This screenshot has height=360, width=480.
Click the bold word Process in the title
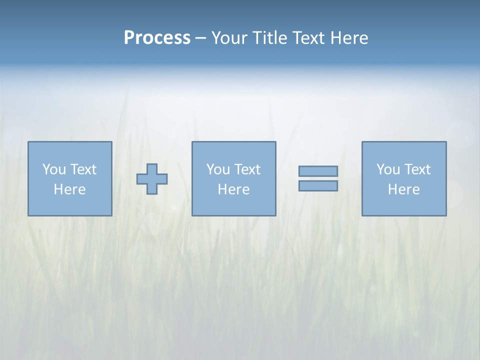click(157, 38)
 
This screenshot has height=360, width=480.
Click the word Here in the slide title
click(349, 38)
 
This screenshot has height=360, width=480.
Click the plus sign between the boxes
click(152, 179)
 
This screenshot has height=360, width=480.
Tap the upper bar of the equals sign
click(318, 171)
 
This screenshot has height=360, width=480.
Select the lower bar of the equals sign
click(318, 185)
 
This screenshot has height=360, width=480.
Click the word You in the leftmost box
click(54, 169)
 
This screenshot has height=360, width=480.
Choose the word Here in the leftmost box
click(69, 189)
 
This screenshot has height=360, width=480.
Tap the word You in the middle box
click(218, 169)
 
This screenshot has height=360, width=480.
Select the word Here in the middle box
click(233, 189)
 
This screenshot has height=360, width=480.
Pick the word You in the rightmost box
click(388, 169)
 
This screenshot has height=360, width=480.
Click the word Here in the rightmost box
click(403, 189)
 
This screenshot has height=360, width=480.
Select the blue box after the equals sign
click(404, 205)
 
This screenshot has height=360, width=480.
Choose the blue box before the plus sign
click(70, 205)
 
